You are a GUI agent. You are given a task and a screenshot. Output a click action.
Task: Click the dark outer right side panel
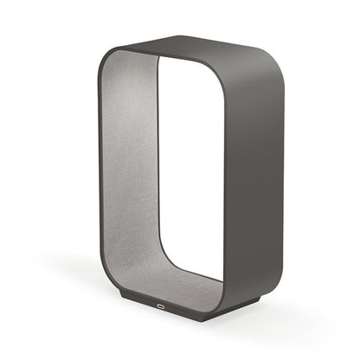(x=247, y=173)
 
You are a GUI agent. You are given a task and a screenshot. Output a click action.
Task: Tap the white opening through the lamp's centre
(x=186, y=173)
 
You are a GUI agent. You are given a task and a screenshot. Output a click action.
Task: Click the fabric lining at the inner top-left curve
(x=130, y=69)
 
